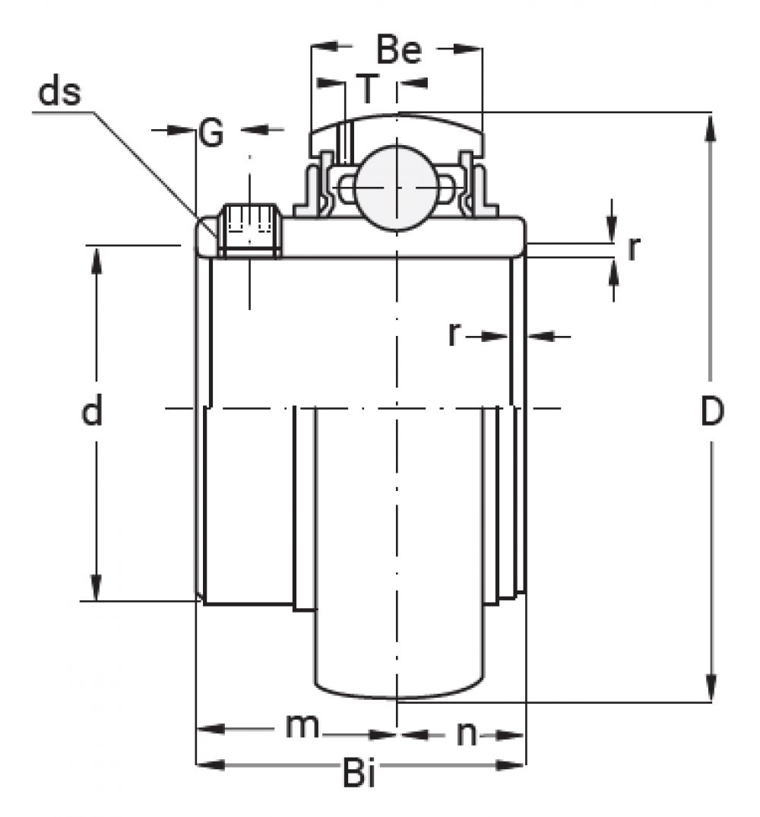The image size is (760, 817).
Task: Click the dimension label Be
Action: coord(398,50)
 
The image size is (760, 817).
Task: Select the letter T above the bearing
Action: coord(368,89)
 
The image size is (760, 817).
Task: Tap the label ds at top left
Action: coord(59,93)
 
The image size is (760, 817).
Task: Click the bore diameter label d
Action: coord(92,410)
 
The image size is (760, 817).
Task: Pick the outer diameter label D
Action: coord(712,411)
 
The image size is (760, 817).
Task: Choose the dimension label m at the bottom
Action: coord(302,725)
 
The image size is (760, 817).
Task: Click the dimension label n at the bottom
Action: coord(467,735)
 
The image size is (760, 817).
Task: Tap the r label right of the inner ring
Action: coord(633,249)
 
